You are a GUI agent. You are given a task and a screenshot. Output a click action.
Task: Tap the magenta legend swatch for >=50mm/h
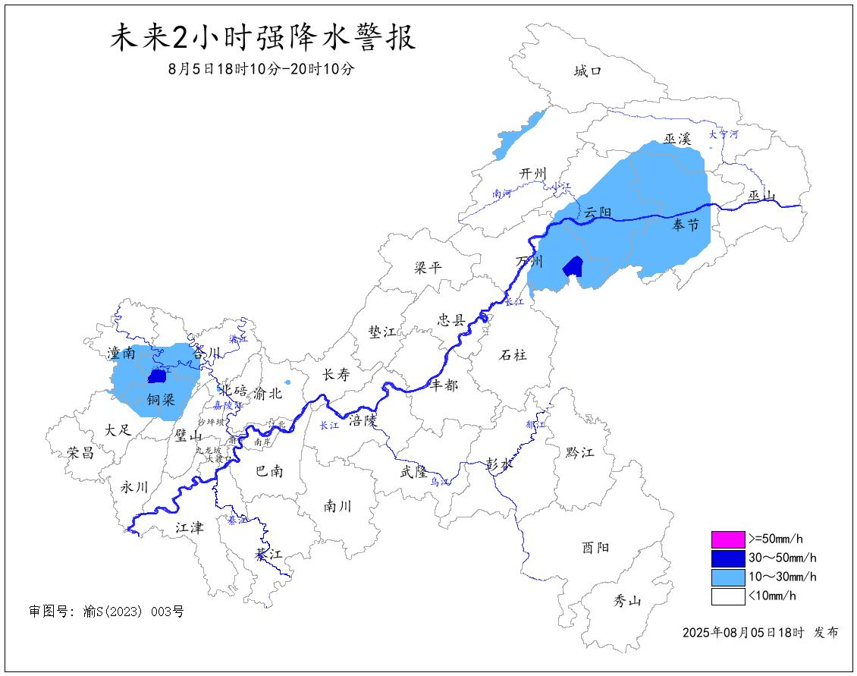727,539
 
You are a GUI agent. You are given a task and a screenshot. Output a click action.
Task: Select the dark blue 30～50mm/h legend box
727,558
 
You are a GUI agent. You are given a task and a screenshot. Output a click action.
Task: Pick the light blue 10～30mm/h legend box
727,577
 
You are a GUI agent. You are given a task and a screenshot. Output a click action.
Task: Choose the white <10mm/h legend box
727,596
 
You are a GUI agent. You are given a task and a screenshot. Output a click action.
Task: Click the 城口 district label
588,71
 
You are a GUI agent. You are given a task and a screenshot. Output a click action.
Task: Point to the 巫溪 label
678,139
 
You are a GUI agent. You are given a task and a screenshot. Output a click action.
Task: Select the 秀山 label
627,602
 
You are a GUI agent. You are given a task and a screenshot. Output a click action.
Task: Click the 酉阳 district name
595,547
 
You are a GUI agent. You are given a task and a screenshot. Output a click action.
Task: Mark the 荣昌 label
80,453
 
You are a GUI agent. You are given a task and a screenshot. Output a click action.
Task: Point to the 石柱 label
513,354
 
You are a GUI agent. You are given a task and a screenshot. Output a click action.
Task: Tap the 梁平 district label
428,267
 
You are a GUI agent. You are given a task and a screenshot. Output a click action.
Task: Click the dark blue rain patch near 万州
573,266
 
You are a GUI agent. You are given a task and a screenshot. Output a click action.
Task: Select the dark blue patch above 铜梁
157,376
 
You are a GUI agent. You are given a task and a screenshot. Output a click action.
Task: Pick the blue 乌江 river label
440,482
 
